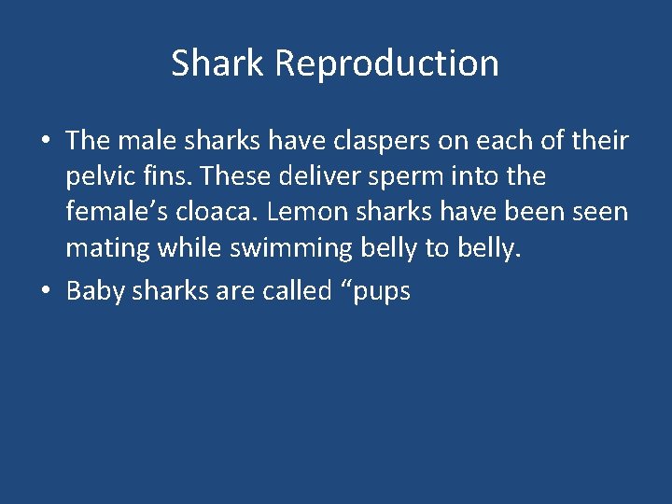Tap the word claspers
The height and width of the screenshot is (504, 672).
point(371,141)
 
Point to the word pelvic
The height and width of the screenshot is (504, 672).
point(98,177)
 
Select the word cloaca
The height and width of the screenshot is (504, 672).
point(217,213)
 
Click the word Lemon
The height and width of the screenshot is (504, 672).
point(302,213)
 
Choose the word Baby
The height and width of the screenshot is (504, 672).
point(95,291)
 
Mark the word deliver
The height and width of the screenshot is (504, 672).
point(315,176)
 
